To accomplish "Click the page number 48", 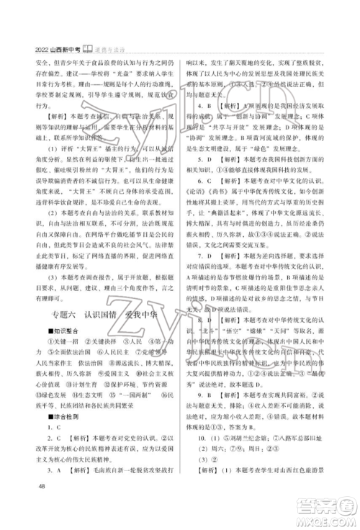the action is point(38,509).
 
